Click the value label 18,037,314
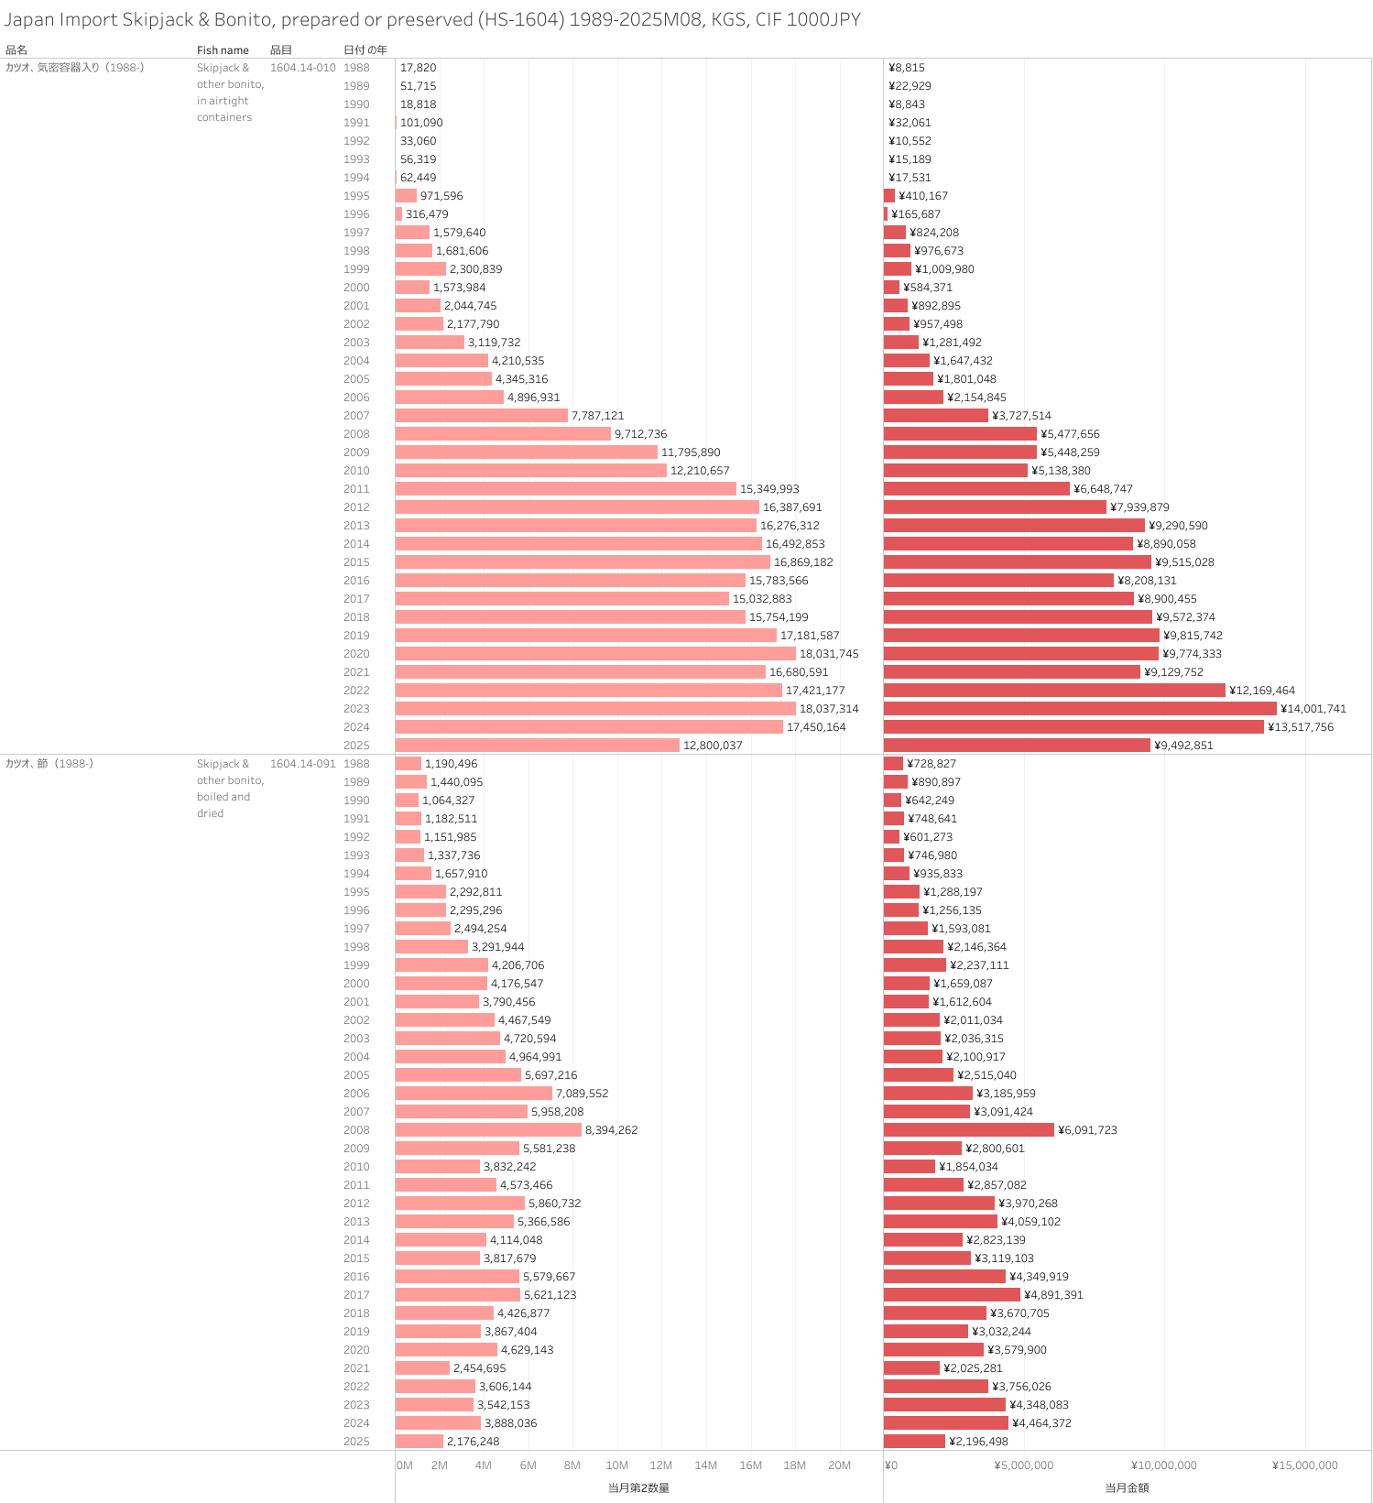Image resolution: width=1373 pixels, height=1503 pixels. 829,709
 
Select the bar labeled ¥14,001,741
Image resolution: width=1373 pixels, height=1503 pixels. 1080,709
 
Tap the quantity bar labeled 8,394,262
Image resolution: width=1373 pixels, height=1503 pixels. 488,1130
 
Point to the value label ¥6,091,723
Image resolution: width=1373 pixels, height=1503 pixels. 1087,1130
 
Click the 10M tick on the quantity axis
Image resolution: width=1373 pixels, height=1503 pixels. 617,1465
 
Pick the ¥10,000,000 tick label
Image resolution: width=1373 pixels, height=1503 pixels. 1163,1465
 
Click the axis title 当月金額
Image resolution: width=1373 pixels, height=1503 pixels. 1127,1488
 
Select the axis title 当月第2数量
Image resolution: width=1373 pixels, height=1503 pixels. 638,1488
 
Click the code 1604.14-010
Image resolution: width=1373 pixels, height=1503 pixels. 303,68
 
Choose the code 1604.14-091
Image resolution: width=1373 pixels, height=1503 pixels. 303,764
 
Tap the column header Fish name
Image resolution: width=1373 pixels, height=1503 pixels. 223,50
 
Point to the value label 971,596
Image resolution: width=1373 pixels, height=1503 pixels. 441,196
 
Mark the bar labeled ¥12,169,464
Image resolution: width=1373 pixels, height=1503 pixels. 1054,691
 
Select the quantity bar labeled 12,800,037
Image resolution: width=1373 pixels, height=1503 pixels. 538,746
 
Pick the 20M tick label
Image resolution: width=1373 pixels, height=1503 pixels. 839,1465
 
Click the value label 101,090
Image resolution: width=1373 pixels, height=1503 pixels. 421,123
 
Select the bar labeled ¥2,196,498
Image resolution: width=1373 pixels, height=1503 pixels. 914,1442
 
